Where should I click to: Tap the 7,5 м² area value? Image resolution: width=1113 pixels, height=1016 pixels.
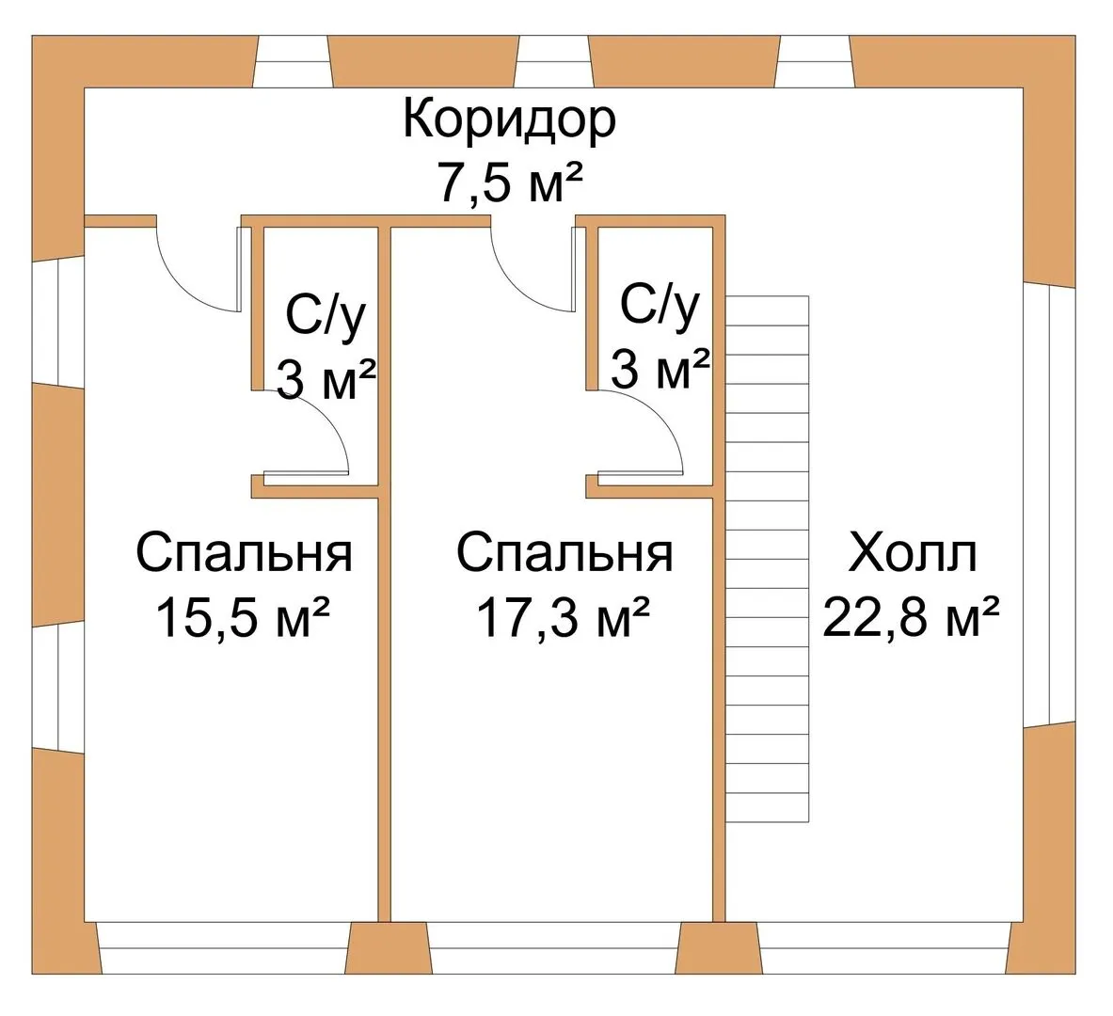pyautogui.click(x=511, y=183)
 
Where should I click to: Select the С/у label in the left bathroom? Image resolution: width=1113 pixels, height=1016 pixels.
pyautogui.click(x=326, y=317)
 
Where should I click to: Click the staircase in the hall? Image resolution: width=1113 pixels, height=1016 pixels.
pyautogui.click(x=768, y=559)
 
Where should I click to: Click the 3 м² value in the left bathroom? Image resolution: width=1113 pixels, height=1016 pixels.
pyautogui.click(x=326, y=380)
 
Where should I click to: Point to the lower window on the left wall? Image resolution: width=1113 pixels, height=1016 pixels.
pyautogui.click(x=58, y=687)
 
